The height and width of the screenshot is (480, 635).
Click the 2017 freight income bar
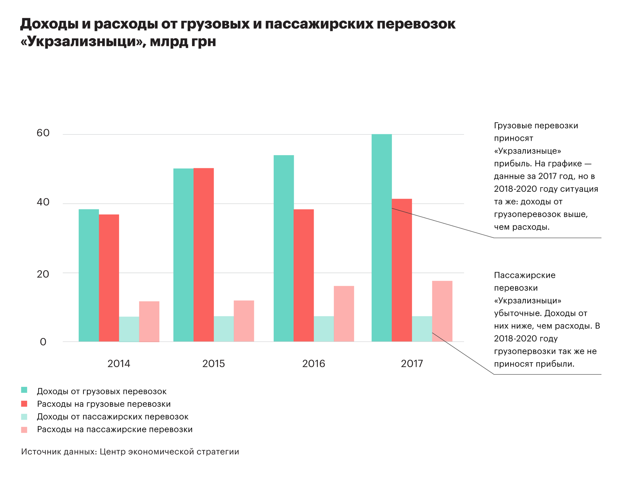pyautogui.click(x=381, y=238)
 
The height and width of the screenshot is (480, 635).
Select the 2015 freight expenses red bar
pyautogui.click(x=203, y=255)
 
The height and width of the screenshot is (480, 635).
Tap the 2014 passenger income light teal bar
pyautogui.click(x=129, y=329)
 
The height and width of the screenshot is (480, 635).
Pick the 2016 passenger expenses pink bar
pyautogui.click(x=344, y=314)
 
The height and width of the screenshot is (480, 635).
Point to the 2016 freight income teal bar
pyautogui.click(x=283, y=248)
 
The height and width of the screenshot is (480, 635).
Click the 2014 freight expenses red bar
pyautogui.click(x=109, y=278)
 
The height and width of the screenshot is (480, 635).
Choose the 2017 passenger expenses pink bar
pyautogui.click(x=442, y=311)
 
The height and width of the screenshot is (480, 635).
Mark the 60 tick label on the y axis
pyautogui.click(x=43, y=133)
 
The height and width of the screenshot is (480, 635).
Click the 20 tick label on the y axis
pyautogui.click(x=43, y=274)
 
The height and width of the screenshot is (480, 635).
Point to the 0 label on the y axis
pyautogui.click(x=43, y=342)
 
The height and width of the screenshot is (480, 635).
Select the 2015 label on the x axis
pyautogui.click(x=213, y=364)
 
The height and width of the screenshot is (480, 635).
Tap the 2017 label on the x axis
pyautogui.click(x=412, y=364)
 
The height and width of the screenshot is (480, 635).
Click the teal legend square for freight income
pyautogui.click(x=24, y=391)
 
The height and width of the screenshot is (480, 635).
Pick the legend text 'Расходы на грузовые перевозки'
pyautogui.click(x=104, y=404)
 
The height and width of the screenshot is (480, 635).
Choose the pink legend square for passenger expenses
pyautogui.click(x=24, y=429)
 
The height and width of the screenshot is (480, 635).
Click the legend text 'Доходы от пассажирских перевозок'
pyautogui.click(x=113, y=417)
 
